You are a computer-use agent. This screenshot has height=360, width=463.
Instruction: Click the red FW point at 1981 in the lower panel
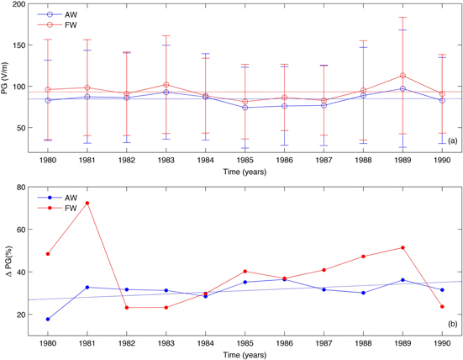[87, 203]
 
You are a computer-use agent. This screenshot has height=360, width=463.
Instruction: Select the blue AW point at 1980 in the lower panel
[48, 319]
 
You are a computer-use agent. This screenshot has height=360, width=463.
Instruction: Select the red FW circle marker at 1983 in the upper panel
[166, 85]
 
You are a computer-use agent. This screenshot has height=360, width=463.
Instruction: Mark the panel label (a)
[452, 140]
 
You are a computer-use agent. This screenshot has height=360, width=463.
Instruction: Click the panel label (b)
[452, 323]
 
